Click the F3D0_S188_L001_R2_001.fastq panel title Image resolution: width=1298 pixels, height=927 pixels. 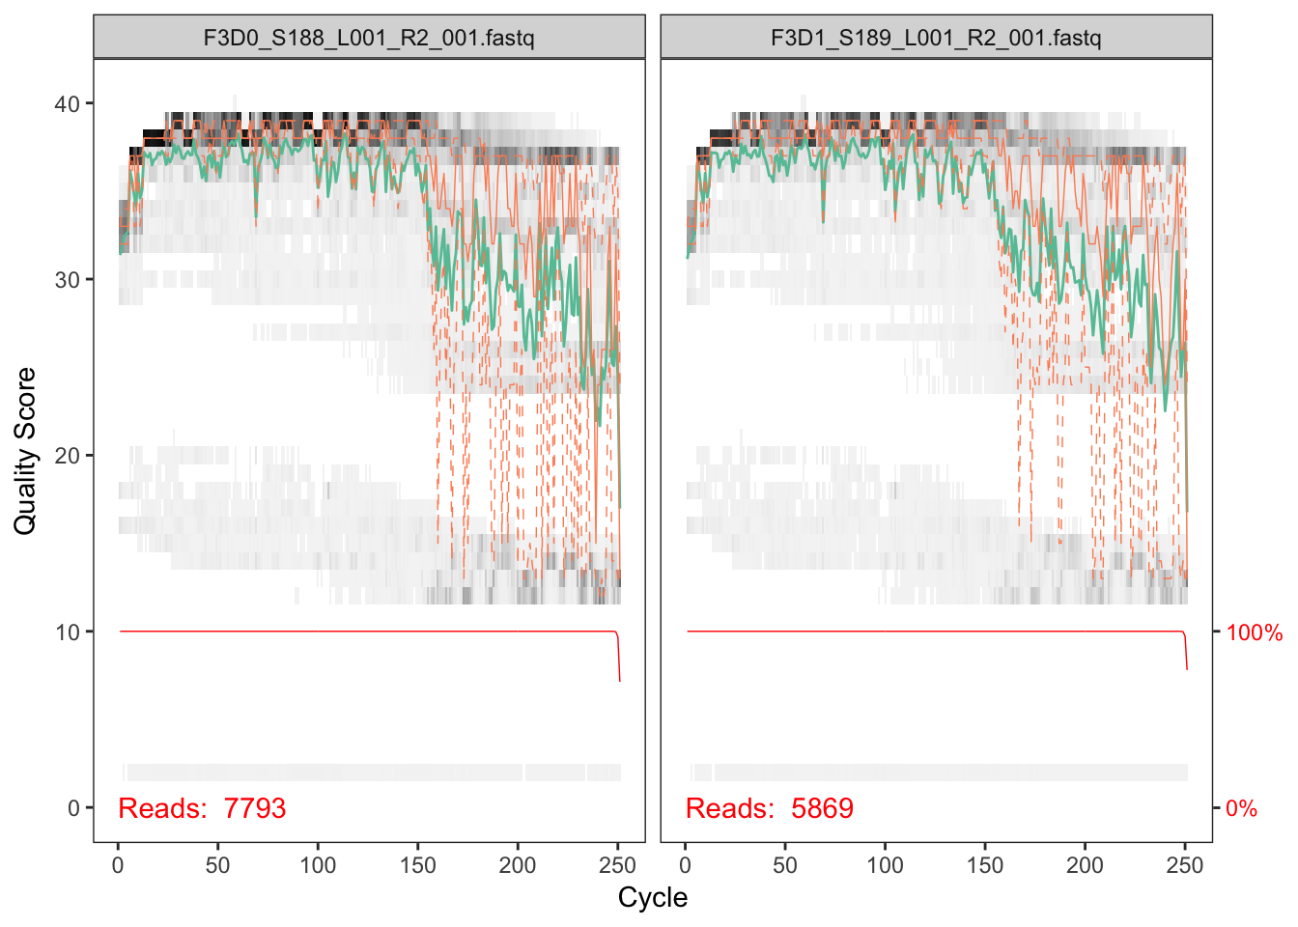(x=368, y=38)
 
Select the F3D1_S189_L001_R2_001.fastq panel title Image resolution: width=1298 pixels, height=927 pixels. (x=935, y=38)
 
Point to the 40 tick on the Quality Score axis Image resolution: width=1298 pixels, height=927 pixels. (x=68, y=103)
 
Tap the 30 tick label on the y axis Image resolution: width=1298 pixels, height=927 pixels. (x=68, y=280)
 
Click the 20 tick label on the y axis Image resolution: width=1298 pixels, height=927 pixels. (x=68, y=456)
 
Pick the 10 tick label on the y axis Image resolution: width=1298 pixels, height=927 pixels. (x=68, y=632)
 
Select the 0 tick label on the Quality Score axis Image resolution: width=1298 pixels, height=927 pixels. (x=73, y=808)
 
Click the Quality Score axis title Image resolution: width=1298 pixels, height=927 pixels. (x=25, y=450)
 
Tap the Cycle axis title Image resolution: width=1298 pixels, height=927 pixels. (x=653, y=897)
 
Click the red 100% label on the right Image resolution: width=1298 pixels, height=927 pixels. (x=1254, y=633)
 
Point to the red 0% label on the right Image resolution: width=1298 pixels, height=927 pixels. (x=1241, y=809)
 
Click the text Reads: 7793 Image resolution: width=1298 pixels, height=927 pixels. (x=202, y=808)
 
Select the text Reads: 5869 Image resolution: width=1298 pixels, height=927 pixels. (x=769, y=808)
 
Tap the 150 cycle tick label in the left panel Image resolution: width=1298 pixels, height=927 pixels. (x=417, y=865)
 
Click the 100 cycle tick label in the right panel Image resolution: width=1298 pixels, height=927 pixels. (x=885, y=865)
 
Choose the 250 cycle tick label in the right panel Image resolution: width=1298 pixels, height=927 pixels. (x=1185, y=865)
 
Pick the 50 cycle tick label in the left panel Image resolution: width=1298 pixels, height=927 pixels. (x=217, y=865)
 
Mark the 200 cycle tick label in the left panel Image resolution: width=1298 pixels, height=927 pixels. (x=518, y=865)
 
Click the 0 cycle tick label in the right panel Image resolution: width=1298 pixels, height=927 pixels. (x=685, y=865)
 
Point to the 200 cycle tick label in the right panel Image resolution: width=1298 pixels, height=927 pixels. (x=1085, y=865)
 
